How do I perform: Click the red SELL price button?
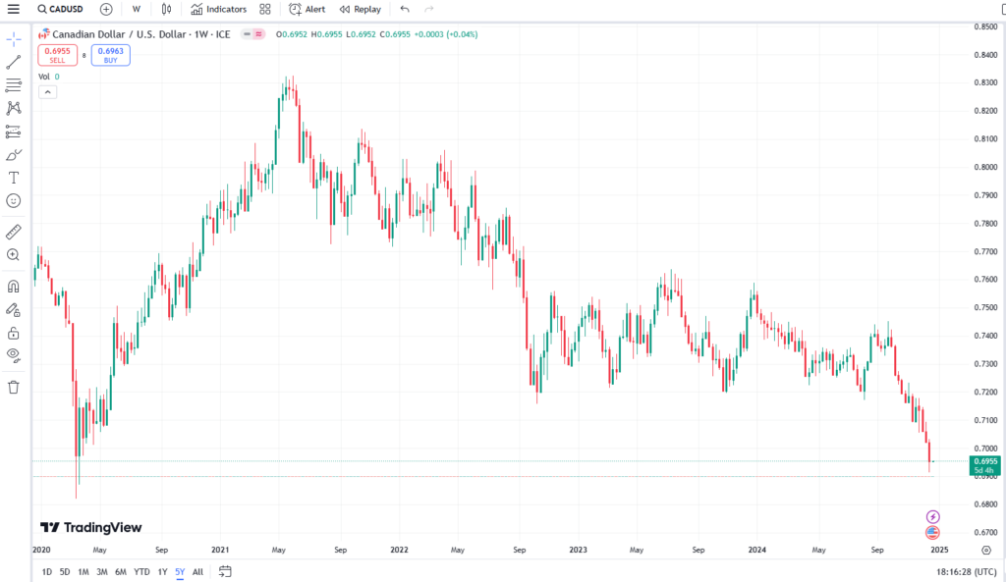click(x=56, y=55)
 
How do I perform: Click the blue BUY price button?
click(x=111, y=55)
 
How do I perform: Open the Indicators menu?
click(x=219, y=9)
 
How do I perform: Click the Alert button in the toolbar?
click(x=307, y=9)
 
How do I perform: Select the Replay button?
click(x=360, y=9)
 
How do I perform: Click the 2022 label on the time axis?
click(x=399, y=550)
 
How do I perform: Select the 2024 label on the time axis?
click(x=756, y=550)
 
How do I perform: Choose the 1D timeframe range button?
click(x=46, y=571)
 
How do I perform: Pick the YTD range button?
click(x=141, y=571)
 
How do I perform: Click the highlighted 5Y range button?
click(x=180, y=571)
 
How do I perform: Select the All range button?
click(x=197, y=571)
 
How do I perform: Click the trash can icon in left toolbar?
click(x=14, y=387)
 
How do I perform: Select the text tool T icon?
click(x=14, y=178)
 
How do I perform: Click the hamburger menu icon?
click(x=13, y=9)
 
